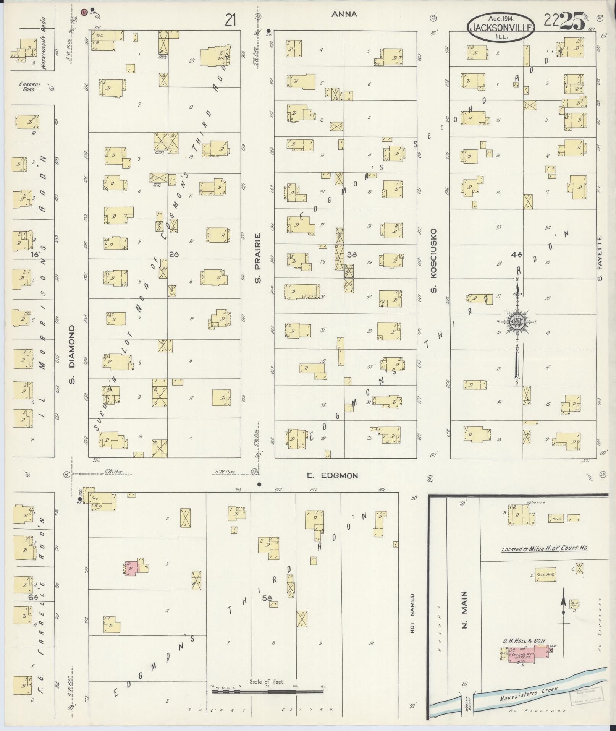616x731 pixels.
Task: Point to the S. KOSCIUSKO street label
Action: pyautogui.click(x=433, y=261)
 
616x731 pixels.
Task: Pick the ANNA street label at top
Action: pyautogui.click(x=344, y=14)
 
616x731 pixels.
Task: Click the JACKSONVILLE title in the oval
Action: pyautogui.click(x=501, y=28)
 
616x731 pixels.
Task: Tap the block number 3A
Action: pyautogui.click(x=352, y=254)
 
